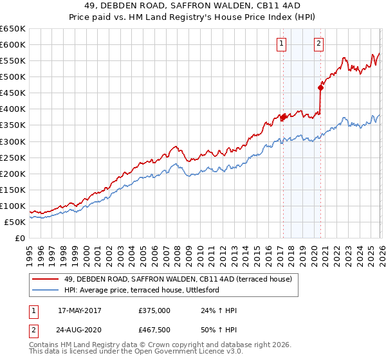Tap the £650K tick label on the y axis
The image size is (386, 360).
point(13,29)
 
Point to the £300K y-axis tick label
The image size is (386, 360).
point(13,141)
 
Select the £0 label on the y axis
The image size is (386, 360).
point(19,238)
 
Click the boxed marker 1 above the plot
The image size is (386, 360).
point(282,44)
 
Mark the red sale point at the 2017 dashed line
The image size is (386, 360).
point(282,117)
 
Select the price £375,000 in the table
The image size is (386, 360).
point(154,310)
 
